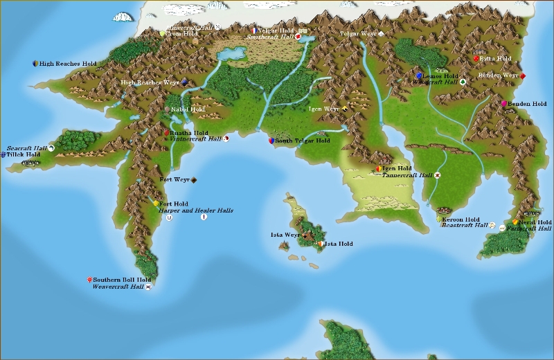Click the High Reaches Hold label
(x=68, y=64)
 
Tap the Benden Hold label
(x=528, y=104)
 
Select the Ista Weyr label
(x=285, y=235)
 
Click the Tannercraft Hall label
(x=406, y=176)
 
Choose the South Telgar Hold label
(x=303, y=141)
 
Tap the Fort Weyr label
(x=175, y=180)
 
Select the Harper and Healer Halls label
(x=195, y=210)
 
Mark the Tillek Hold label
(x=24, y=155)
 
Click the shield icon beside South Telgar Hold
(x=271, y=141)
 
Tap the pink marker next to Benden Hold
(x=505, y=104)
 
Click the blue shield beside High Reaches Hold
(x=35, y=64)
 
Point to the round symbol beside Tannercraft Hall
(x=438, y=176)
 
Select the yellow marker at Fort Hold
(x=157, y=204)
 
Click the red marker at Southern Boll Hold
(x=90, y=279)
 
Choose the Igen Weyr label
(x=323, y=109)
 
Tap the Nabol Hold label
(x=188, y=109)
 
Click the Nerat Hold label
(x=536, y=222)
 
